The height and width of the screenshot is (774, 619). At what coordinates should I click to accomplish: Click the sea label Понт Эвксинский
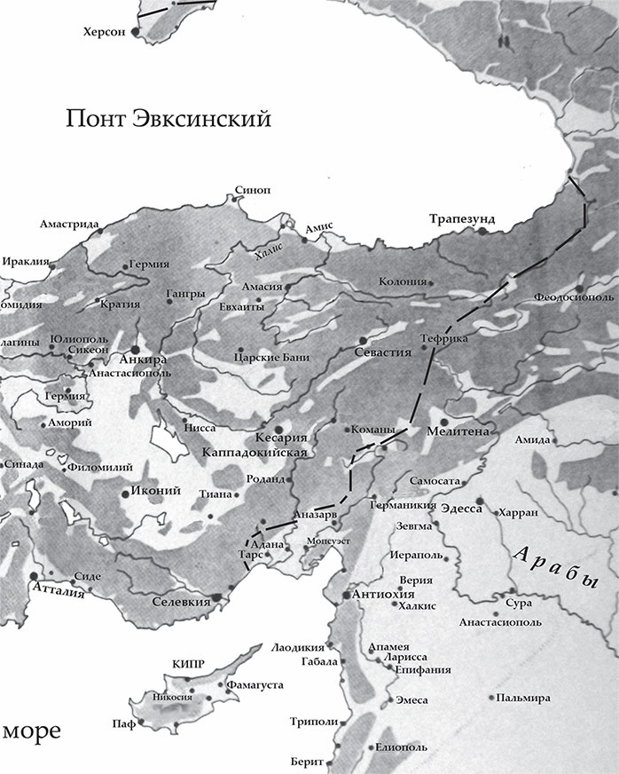click(x=168, y=119)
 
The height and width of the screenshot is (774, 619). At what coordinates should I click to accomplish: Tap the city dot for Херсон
click(x=136, y=31)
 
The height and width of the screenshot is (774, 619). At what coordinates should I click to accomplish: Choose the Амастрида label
click(x=67, y=224)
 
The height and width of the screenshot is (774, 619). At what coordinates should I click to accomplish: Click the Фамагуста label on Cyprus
click(x=255, y=685)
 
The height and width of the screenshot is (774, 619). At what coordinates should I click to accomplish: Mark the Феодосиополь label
click(x=575, y=296)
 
